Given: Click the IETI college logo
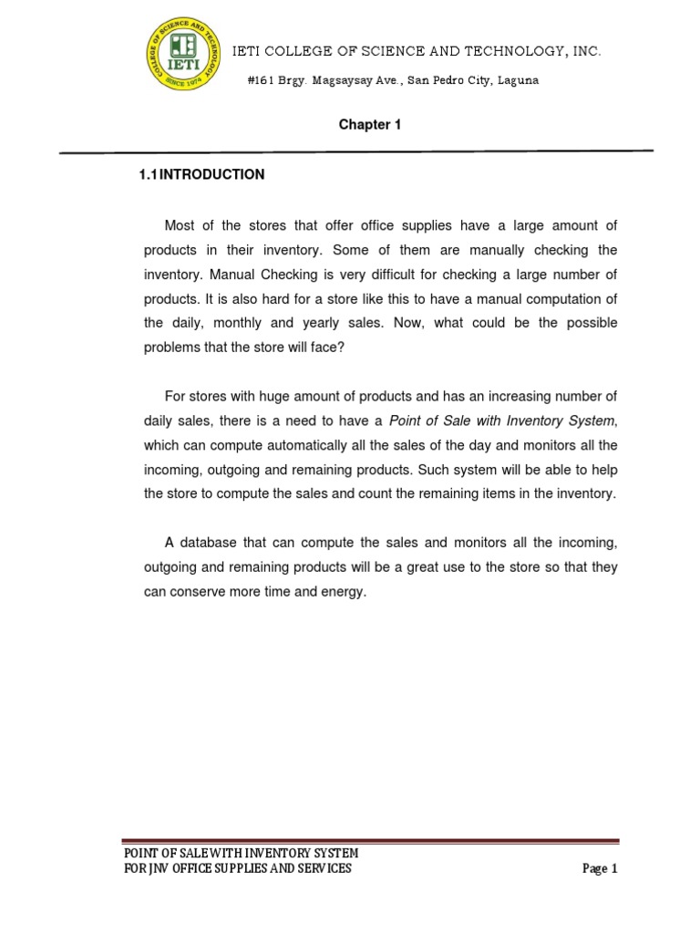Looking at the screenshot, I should coord(184,56).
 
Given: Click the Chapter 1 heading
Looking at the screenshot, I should coord(370,125).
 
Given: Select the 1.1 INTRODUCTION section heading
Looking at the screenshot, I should coord(201,174).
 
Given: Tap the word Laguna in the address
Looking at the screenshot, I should coord(519,80).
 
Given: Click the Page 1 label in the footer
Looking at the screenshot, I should coord(600,869).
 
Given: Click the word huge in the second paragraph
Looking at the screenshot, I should coord(276,396).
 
